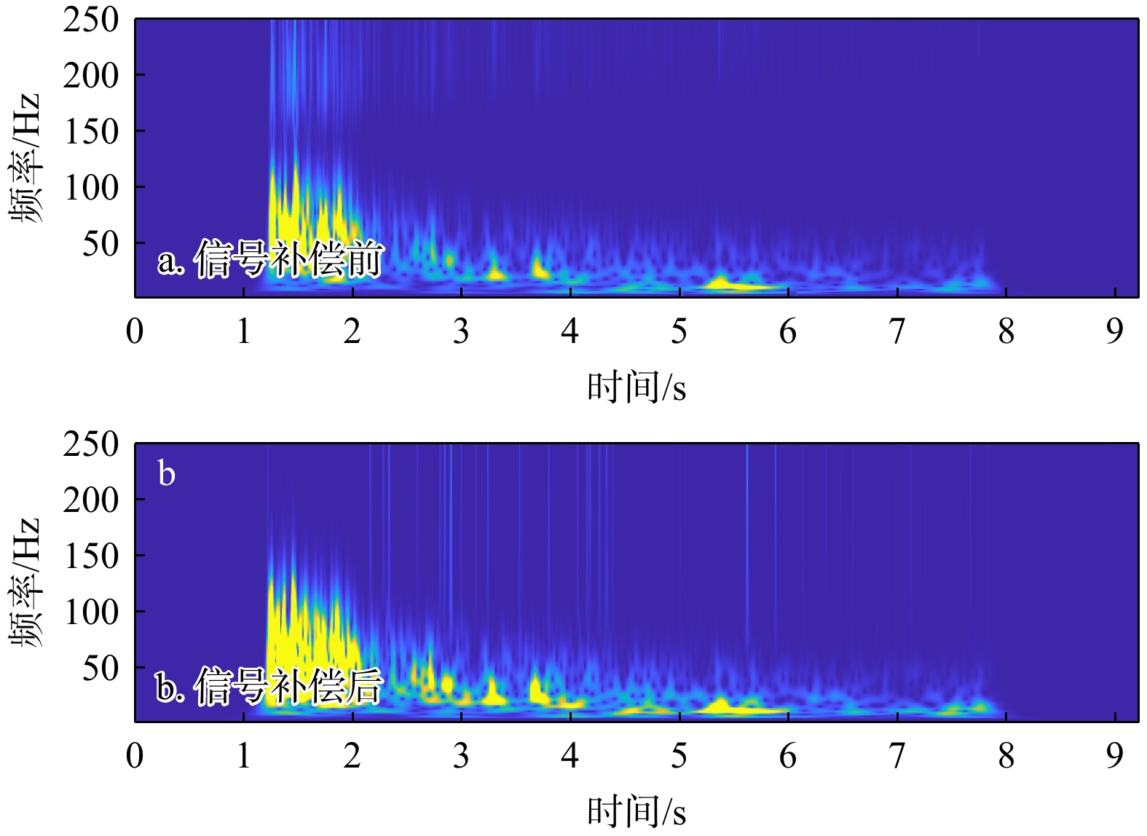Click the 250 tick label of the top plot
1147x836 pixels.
coord(90,20)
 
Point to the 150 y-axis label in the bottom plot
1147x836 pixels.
coord(90,556)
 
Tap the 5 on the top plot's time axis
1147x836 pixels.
coord(679,332)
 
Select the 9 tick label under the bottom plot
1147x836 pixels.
coord(1114,757)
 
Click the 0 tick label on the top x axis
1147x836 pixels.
coord(135,332)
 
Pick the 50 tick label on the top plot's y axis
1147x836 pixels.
coord(100,244)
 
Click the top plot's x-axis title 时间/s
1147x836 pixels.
coord(636,387)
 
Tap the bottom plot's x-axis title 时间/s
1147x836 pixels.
coord(636,811)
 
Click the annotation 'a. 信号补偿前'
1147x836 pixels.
coord(270,259)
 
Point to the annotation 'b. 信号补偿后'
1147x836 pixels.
coord(269,685)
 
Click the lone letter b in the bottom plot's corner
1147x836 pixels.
coord(167,474)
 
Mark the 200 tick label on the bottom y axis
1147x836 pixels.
coord(90,500)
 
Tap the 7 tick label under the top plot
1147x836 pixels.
coord(896,332)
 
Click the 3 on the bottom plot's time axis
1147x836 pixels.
coord(461,757)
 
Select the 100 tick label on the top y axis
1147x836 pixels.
coord(90,188)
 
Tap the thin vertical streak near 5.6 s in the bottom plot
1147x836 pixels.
coord(746,510)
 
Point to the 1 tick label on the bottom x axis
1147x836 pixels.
coord(243,757)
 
